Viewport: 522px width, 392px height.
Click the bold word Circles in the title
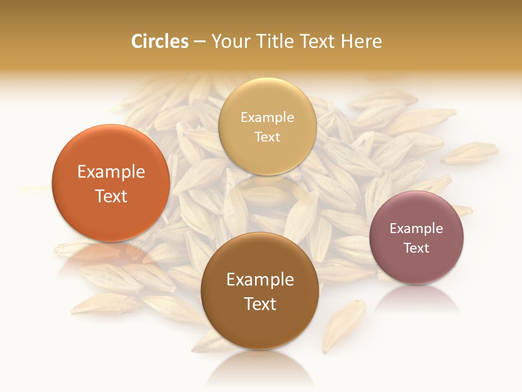(160, 41)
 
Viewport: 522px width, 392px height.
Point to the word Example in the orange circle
(111, 172)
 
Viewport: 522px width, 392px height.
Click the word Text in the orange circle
(111, 197)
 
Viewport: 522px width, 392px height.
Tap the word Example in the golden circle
(268, 118)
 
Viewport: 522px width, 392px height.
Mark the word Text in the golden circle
(268, 137)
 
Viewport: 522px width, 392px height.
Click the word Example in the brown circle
(260, 280)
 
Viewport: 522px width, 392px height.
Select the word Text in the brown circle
(260, 304)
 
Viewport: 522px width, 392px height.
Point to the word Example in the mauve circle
(417, 229)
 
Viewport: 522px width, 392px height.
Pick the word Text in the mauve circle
(417, 248)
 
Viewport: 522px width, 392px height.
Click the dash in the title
(200, 42)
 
